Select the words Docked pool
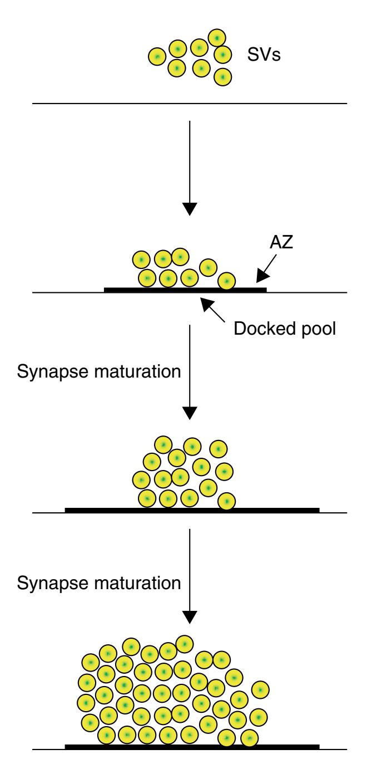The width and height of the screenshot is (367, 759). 285,328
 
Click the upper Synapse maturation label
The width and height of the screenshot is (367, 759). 99,372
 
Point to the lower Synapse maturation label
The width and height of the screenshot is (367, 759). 99,582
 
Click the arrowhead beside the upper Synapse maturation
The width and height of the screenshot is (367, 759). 190,413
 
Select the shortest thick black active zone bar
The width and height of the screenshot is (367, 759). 185,290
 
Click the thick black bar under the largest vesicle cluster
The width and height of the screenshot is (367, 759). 192,745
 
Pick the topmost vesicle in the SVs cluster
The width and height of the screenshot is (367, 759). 217,38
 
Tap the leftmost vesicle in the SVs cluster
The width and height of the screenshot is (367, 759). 157,57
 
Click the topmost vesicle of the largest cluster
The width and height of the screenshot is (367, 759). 183,644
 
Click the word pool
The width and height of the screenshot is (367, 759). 318,328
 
